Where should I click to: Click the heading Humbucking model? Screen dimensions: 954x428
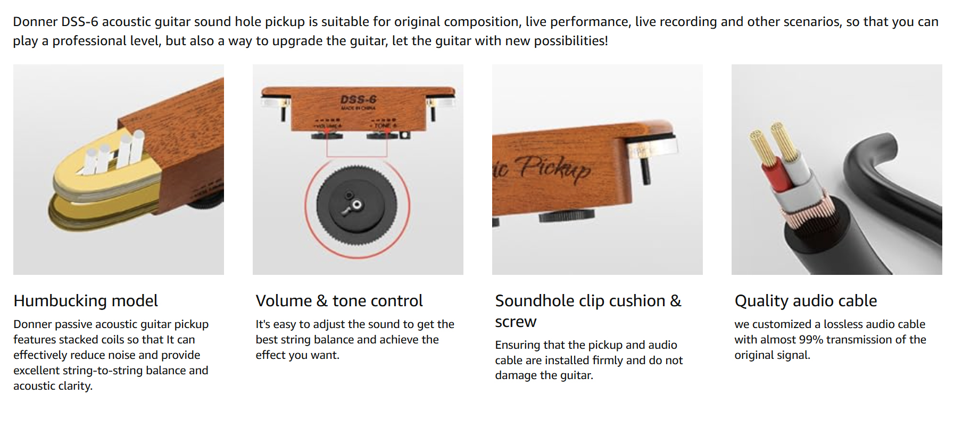[x=86, y=301]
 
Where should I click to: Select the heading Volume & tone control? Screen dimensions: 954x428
[x=339, y=301]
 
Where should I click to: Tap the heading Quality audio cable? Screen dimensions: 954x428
[x=806, y=301]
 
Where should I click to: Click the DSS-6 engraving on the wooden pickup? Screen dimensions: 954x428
[x=359, y=99]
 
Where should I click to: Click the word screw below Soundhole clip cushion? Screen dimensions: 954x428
[x=516, y=322]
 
